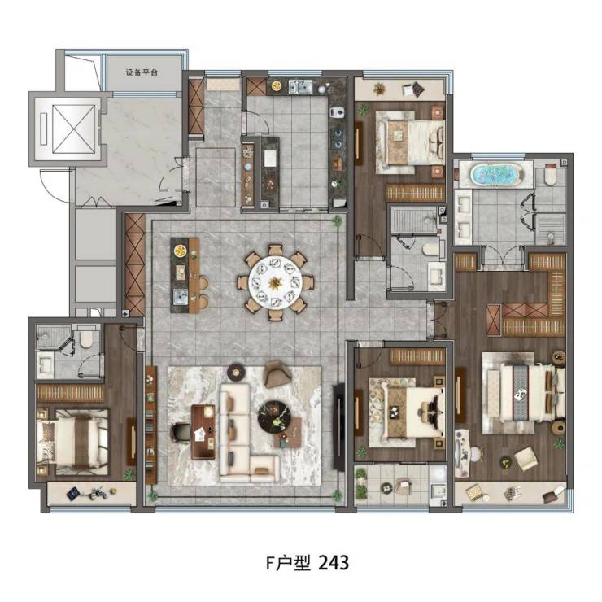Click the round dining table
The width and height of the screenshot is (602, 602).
[x=275, y=283]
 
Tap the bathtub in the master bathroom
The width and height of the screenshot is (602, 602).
[x=497, y=174]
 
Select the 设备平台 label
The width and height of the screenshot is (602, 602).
[x=142, y=72]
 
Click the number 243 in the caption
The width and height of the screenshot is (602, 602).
[x=334, y=563]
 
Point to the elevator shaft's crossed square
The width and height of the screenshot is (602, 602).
[x=73, y=129]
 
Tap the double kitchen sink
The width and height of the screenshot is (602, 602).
[x=301, y=87]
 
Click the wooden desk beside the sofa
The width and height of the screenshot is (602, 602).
[x=203, y=431]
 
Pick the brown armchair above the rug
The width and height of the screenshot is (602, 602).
[x=277, y=374]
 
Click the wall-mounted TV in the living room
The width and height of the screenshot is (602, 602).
[x=338, y=425]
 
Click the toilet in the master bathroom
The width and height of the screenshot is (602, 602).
[x=550, y=174]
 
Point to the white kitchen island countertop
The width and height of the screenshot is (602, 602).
[x=270, y=158]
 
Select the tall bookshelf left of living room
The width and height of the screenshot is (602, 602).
[x=150, y=424]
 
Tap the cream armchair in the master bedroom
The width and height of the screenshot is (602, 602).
[x=526, y=458]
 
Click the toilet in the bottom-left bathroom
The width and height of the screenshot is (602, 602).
[x=86, y=338]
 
